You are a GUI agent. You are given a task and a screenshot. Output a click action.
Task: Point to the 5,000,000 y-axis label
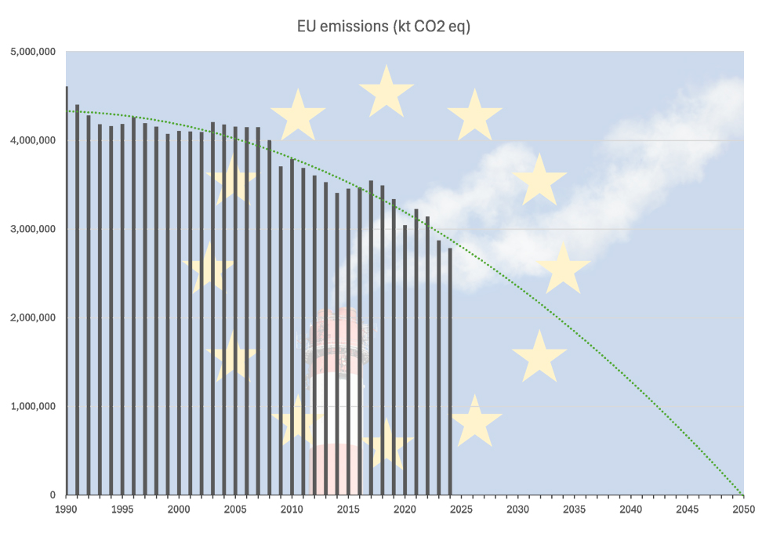pyautogui.click(x=32, y=53)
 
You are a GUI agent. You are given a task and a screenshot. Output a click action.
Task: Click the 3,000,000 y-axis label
pyautogui.click(x=32, y=230)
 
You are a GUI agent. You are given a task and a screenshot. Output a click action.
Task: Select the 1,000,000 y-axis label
pyautogui.click(x=32, y=407)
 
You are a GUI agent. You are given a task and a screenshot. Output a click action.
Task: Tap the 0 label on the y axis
pyautogui.click(x=52, y=495)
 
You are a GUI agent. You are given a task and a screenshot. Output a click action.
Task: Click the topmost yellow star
pyautogui.click(x=386, y=92)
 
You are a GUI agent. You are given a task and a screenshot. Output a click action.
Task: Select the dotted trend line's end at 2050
pyautogui.click(x=742, y=495)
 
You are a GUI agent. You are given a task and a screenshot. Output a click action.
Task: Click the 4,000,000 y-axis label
pyautogui.click(x=32, y=141)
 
